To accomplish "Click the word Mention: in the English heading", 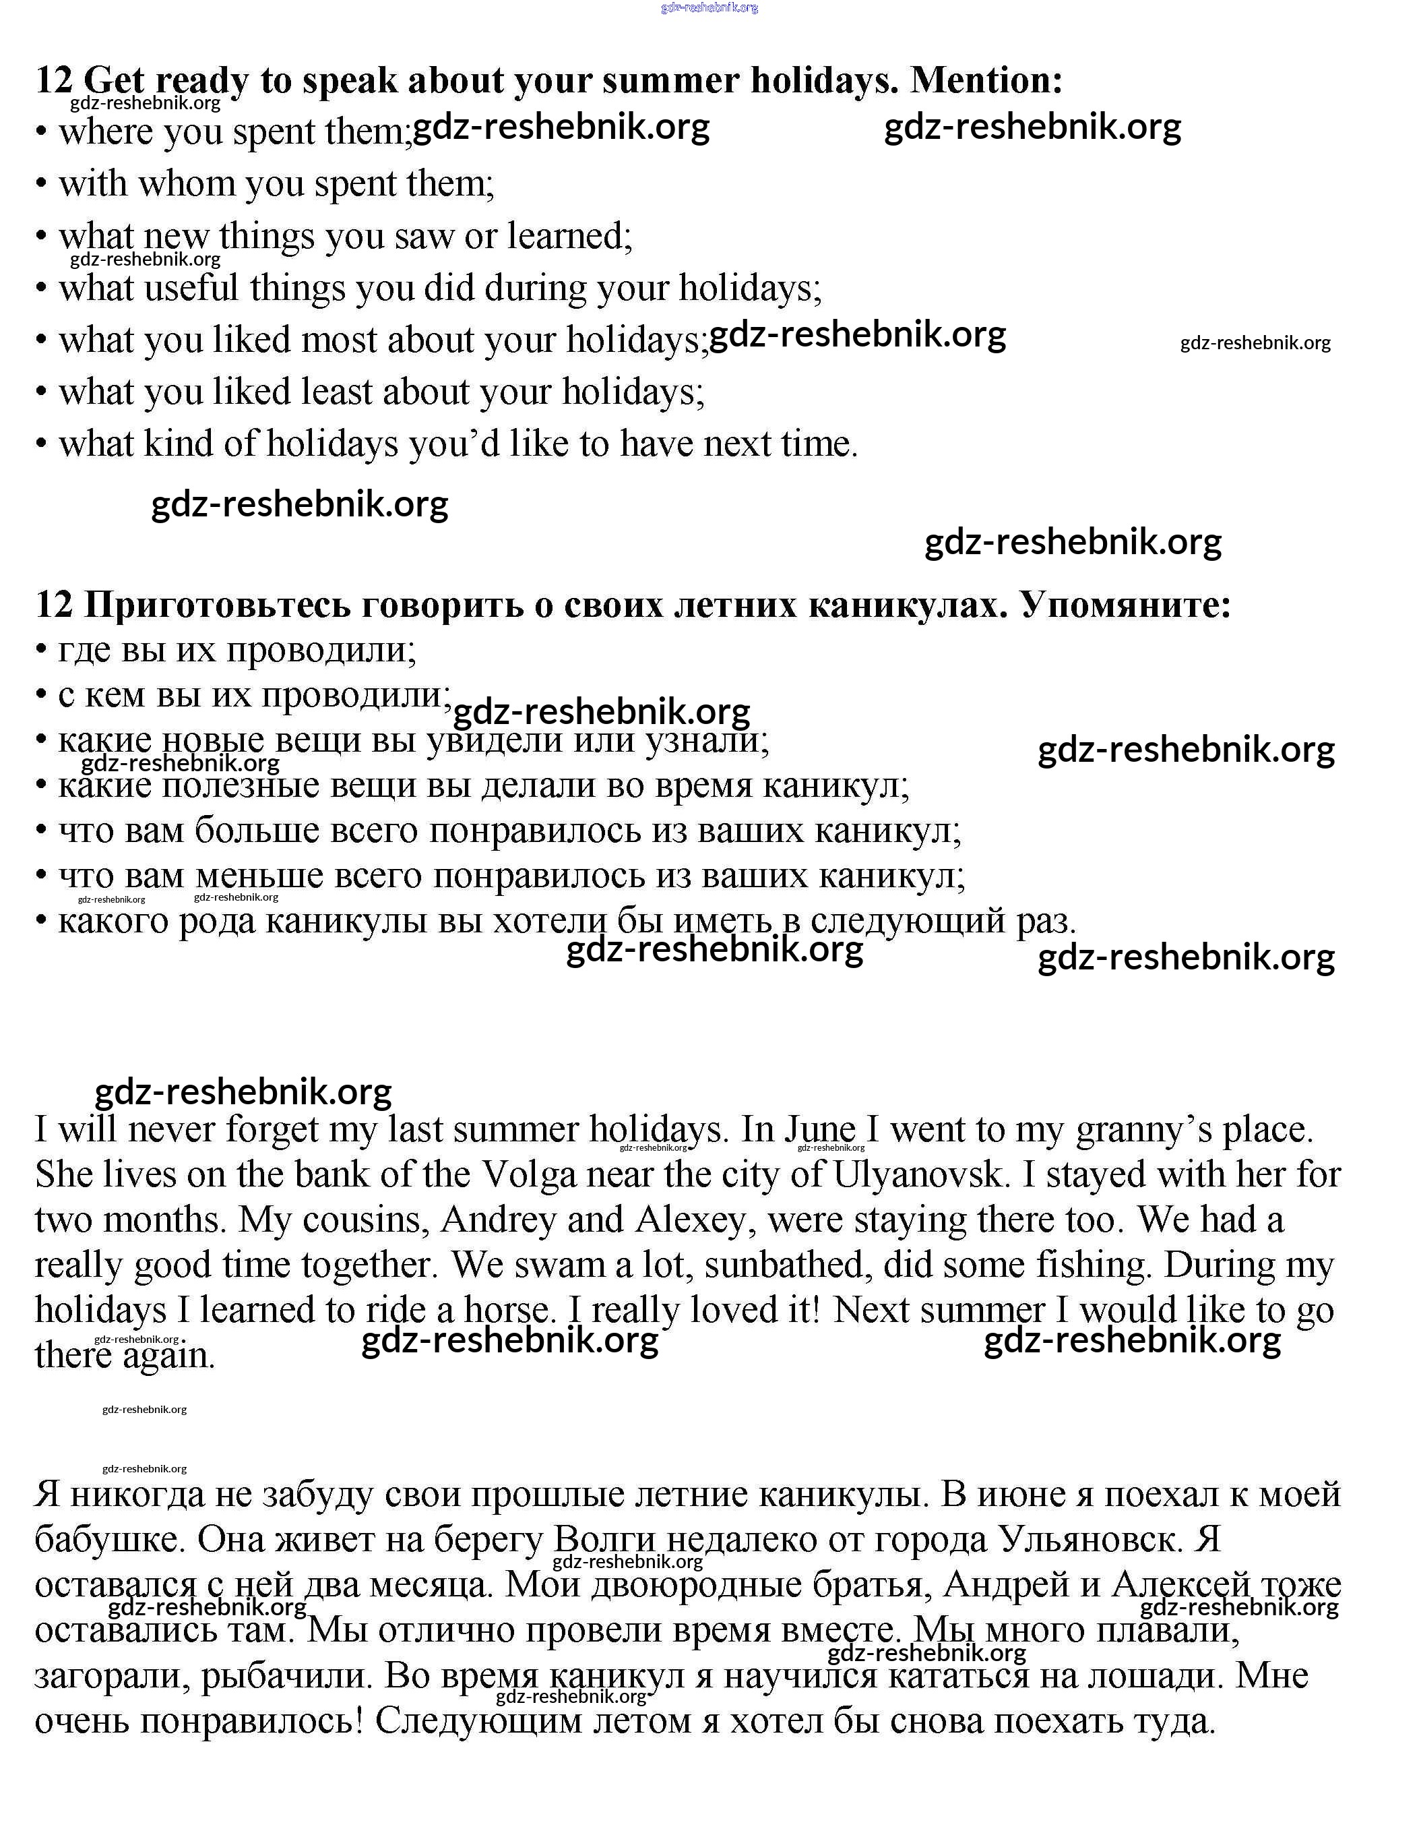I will tap(986, 80).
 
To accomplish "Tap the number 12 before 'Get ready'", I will tap(55, 80).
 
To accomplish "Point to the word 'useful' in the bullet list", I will tap(191, 289).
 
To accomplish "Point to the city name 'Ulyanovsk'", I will tap(918, 1176).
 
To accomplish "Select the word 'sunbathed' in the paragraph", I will tap(784, 1266).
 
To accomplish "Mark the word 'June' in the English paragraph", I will tap(820, 1130).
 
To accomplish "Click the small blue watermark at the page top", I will tap(709, 7).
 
